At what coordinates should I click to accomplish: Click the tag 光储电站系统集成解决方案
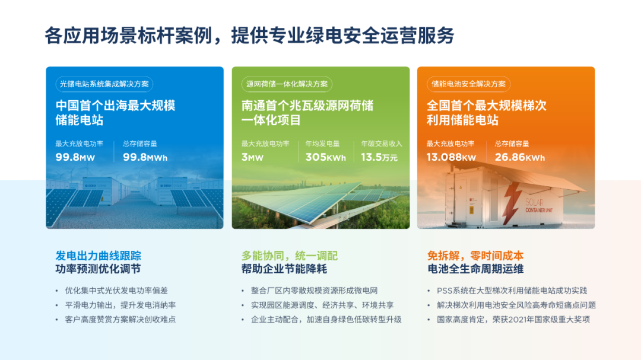click(104, 84)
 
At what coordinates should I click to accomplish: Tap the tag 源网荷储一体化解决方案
click(287, 84)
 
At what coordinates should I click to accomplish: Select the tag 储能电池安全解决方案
click(468, 84)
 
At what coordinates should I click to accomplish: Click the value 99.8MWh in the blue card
click(145, 157)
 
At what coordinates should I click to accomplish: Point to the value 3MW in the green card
click(252, 157)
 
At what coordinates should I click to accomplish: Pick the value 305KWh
click(326, 157)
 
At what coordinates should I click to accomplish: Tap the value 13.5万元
click(379, 157)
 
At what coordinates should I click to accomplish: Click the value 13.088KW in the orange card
click(451, 157)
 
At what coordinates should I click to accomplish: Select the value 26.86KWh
click(519, 157)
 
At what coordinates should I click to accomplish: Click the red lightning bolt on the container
click(510, 202)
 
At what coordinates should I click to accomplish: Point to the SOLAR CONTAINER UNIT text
click(538, 206)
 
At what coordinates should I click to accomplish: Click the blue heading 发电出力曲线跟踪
click(98, 256)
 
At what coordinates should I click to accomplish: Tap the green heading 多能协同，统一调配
click(290, 256)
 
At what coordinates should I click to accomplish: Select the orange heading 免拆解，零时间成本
click(475, 256)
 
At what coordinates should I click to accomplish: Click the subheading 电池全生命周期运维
click(475, 269)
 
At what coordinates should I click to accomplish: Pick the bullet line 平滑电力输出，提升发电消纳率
click(120, 305)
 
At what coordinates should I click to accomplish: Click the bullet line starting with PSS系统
click(512, 291)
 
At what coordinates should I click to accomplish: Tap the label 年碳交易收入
click(382, 144)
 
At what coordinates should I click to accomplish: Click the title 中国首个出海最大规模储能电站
click(115, 113)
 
